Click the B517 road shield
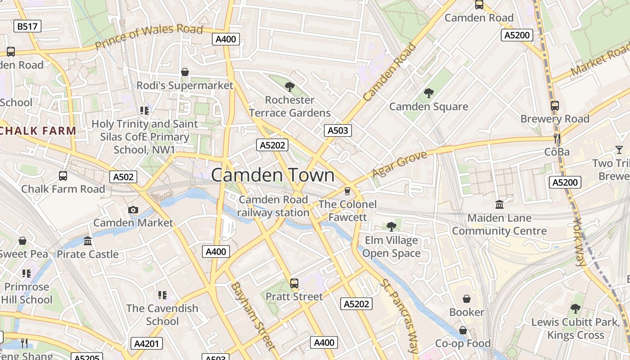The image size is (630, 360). tap(27, 27)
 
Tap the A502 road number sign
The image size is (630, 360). tap(123, 177)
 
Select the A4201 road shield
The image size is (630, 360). tap(147, 344)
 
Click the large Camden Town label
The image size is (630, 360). tap(273, 175)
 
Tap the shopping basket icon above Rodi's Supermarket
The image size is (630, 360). tap(184, 72)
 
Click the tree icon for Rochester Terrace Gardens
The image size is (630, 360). tap(290, 86)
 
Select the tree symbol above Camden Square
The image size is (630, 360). tap(428, 93)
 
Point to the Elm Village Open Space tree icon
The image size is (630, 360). tap(391, 226)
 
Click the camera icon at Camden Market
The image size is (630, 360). tap(133, 210)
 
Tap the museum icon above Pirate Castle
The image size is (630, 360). tap(88, 241)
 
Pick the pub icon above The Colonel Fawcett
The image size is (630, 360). tap(346, 191)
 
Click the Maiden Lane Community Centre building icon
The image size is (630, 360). tap(499, 205)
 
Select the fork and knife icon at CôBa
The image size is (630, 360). tap(557, 138)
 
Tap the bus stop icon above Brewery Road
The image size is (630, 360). tap(555, 106)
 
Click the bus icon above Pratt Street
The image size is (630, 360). tap(294, 283)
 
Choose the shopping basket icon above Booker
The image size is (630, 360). tap(467, 299)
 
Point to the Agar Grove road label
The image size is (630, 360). tap(399, 164)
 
